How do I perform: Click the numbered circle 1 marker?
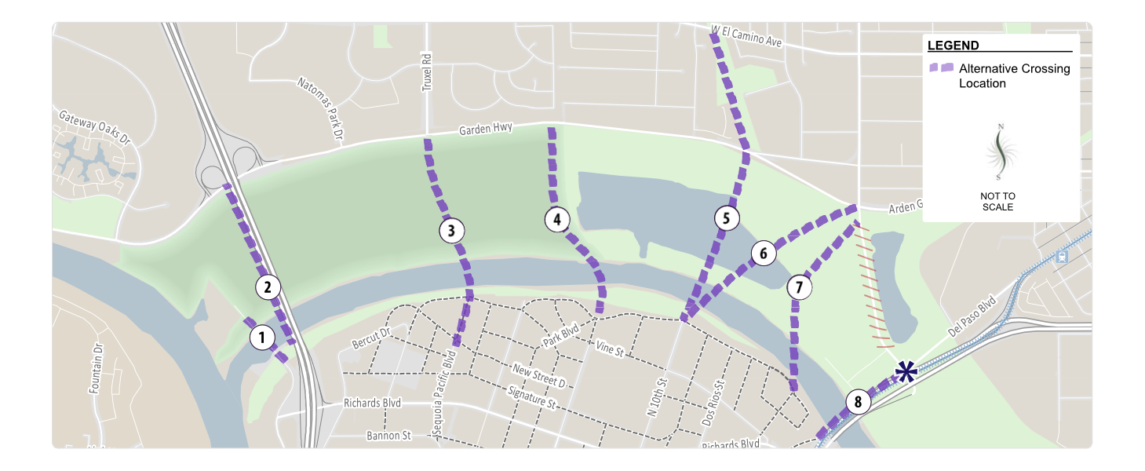(261, 338)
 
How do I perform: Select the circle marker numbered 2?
(268, 287)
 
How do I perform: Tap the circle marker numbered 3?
(451, 231)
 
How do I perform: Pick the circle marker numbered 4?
(556, 220)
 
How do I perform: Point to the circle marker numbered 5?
(727, 218)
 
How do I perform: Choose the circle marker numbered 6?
(763, 254)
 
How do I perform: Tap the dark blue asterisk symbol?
(906, 372)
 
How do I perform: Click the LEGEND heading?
(953, 46)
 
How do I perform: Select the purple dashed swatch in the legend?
(941, 68)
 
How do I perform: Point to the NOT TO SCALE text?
(997, 202)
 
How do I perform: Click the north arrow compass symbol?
(999, 152)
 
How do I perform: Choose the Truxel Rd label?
(428, 72)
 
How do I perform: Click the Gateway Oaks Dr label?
(95, 126)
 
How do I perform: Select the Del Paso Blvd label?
(971, 316)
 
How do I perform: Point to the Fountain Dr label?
(96, 368)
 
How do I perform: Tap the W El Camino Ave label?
(746, 37)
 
